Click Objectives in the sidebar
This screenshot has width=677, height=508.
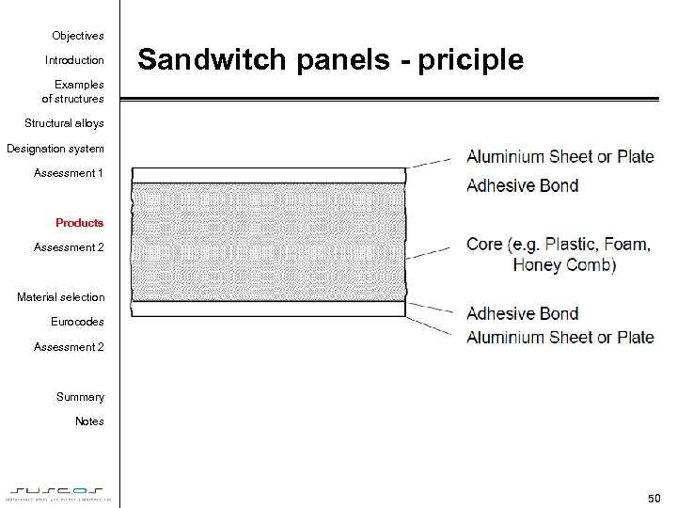78,36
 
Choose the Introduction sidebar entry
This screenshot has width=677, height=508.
74,60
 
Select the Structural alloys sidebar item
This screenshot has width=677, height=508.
64,123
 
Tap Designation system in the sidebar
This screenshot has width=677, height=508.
55,149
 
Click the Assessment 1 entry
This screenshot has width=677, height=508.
69,173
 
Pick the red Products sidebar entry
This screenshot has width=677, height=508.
79,223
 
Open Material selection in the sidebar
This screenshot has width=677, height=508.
61,297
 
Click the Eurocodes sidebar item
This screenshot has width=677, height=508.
77,322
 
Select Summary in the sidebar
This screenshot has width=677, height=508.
80,397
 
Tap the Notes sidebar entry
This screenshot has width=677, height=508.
89,421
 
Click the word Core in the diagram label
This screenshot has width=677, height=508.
484,245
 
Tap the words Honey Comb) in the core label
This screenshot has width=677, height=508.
564,265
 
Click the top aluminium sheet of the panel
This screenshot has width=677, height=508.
268,175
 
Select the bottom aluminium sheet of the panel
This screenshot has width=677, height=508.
268,309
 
